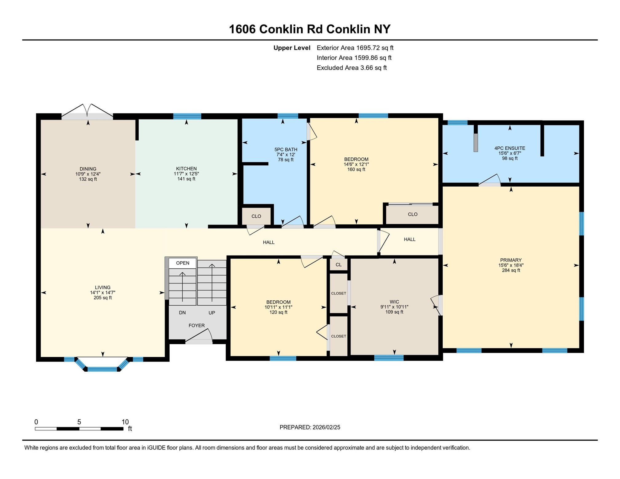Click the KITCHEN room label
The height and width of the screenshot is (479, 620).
coord(186,168)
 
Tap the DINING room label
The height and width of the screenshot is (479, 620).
coord(88,169)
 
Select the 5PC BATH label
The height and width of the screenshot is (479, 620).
coord(286,149)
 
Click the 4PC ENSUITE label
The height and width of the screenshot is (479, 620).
coord(509,148)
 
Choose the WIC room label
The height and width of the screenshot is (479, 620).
coord(394,302)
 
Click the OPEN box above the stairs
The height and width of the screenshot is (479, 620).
coord(182,263)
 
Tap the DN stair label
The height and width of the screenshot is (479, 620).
coord(182,313)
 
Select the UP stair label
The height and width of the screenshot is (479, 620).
coord(211,313)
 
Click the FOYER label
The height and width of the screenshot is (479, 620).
coord(196,325)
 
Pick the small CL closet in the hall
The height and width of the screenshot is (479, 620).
coord(338,265)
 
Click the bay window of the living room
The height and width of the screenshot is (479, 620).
coord(102,369)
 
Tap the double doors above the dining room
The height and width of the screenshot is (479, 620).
coord(87,113)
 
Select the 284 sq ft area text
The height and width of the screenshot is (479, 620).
coord(511,271)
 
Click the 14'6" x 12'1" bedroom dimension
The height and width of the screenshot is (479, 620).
coord(356,164)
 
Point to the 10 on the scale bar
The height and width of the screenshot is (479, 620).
coord(125,422)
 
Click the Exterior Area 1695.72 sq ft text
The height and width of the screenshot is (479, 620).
coord(355,48)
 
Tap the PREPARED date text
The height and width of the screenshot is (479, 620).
coord(310,427)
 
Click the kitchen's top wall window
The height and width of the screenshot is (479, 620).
coord(187,116)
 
